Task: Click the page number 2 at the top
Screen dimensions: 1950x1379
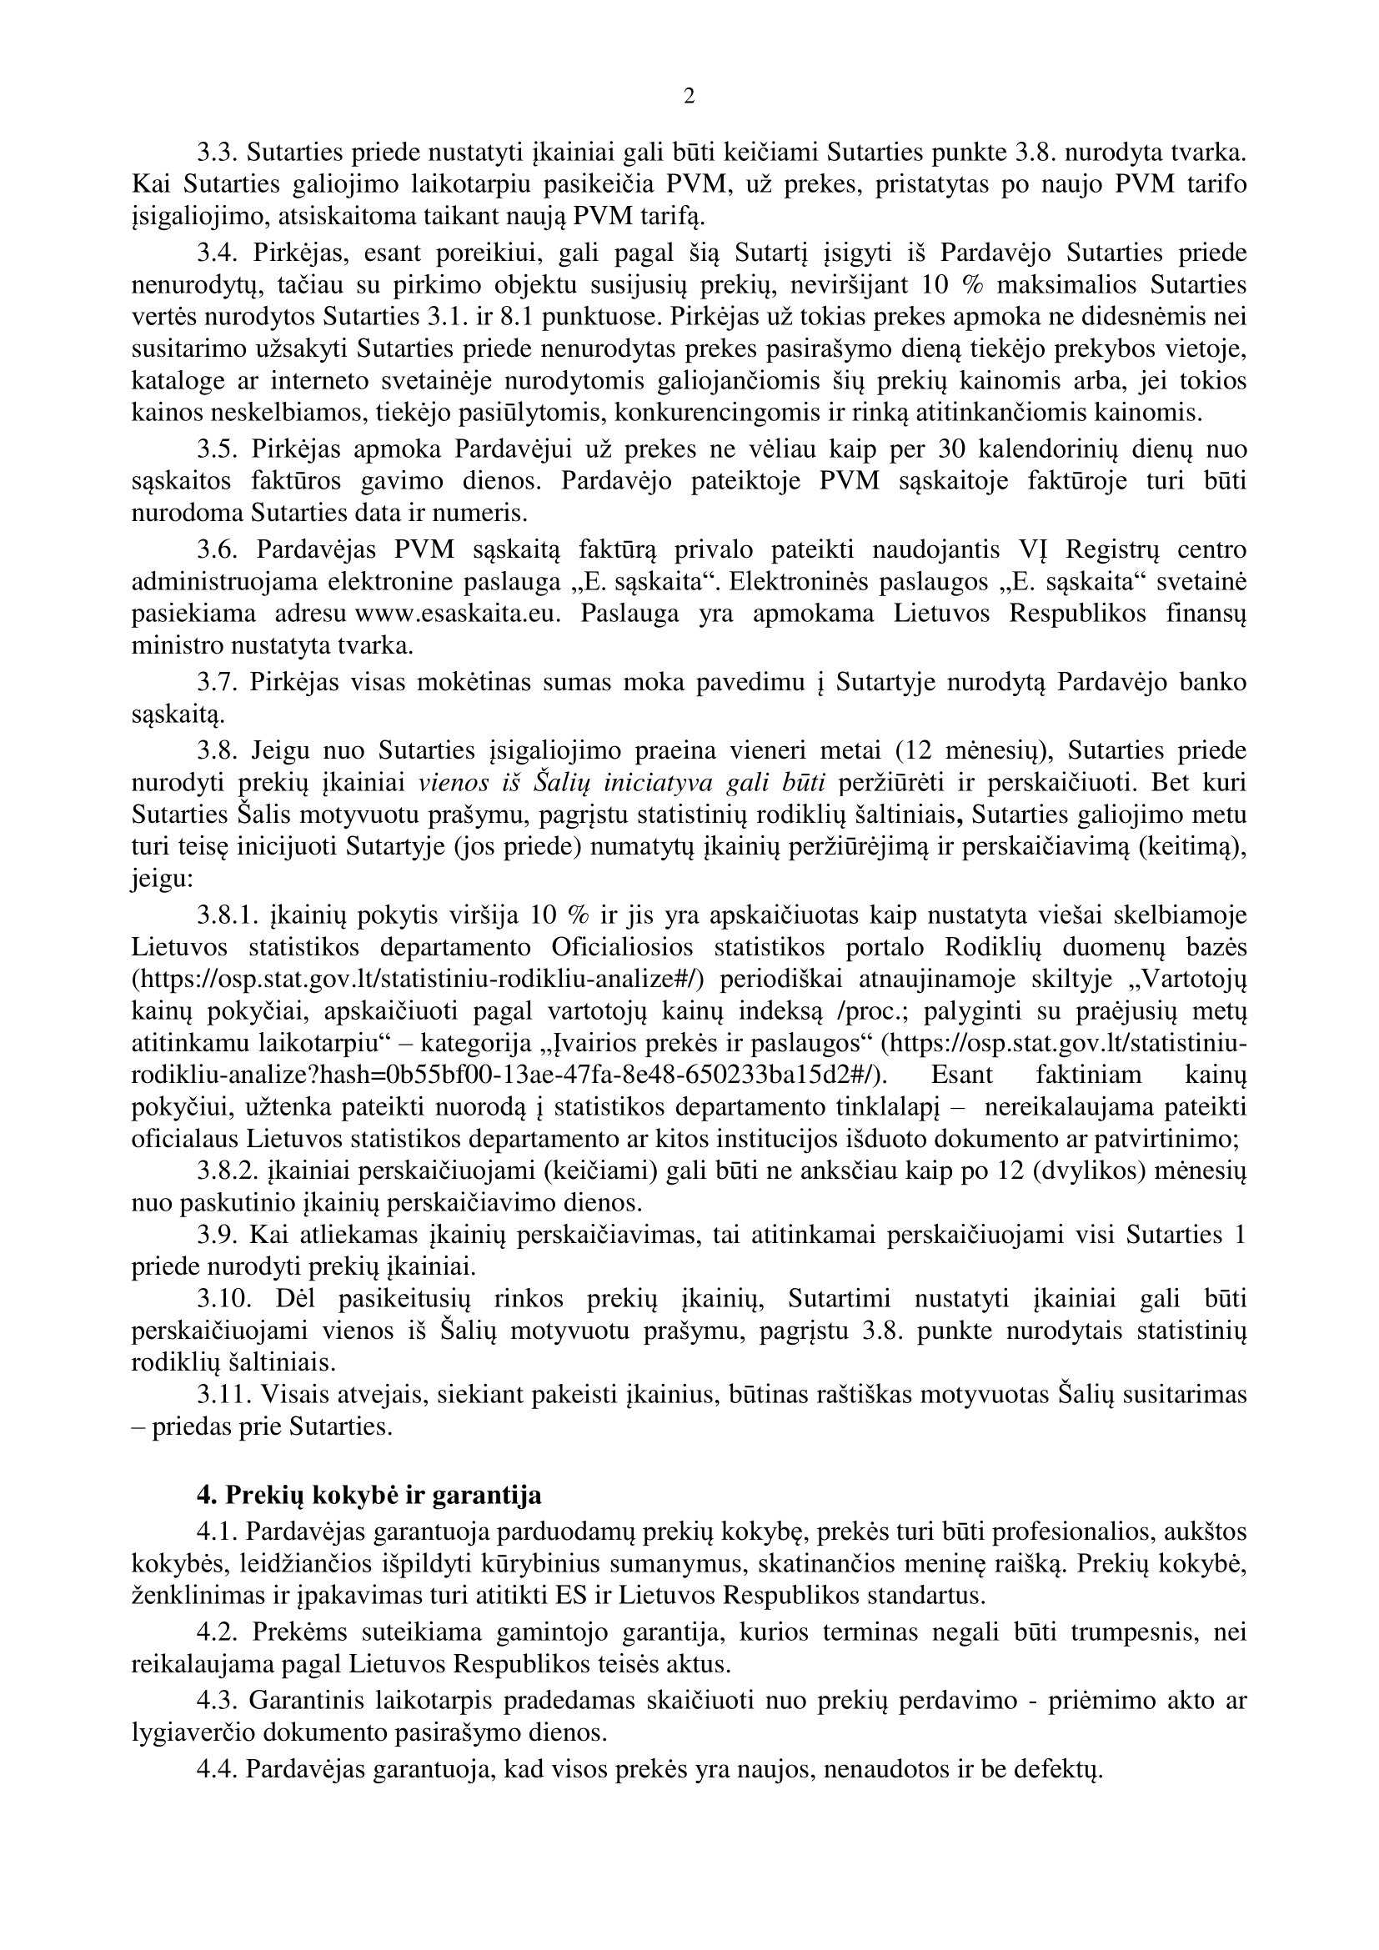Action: [x=689, y=97]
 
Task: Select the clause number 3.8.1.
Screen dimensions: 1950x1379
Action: [x=227, y=915]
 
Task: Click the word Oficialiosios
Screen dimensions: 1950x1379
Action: [x=623, y=947]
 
